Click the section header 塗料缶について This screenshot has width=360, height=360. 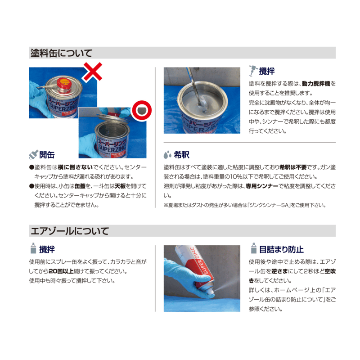click(x=61, y=53)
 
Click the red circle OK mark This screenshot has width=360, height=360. click(x=142, y=110)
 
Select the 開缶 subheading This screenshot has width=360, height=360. click(x=47, y=155)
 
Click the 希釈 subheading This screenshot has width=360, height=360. click(x=182, y=155)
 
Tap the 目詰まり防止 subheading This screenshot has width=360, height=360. click(x=281, y=249)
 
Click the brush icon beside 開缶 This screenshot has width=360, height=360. click(x=33, y=155)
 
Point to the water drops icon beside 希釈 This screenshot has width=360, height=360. click(x=167, y=155)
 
